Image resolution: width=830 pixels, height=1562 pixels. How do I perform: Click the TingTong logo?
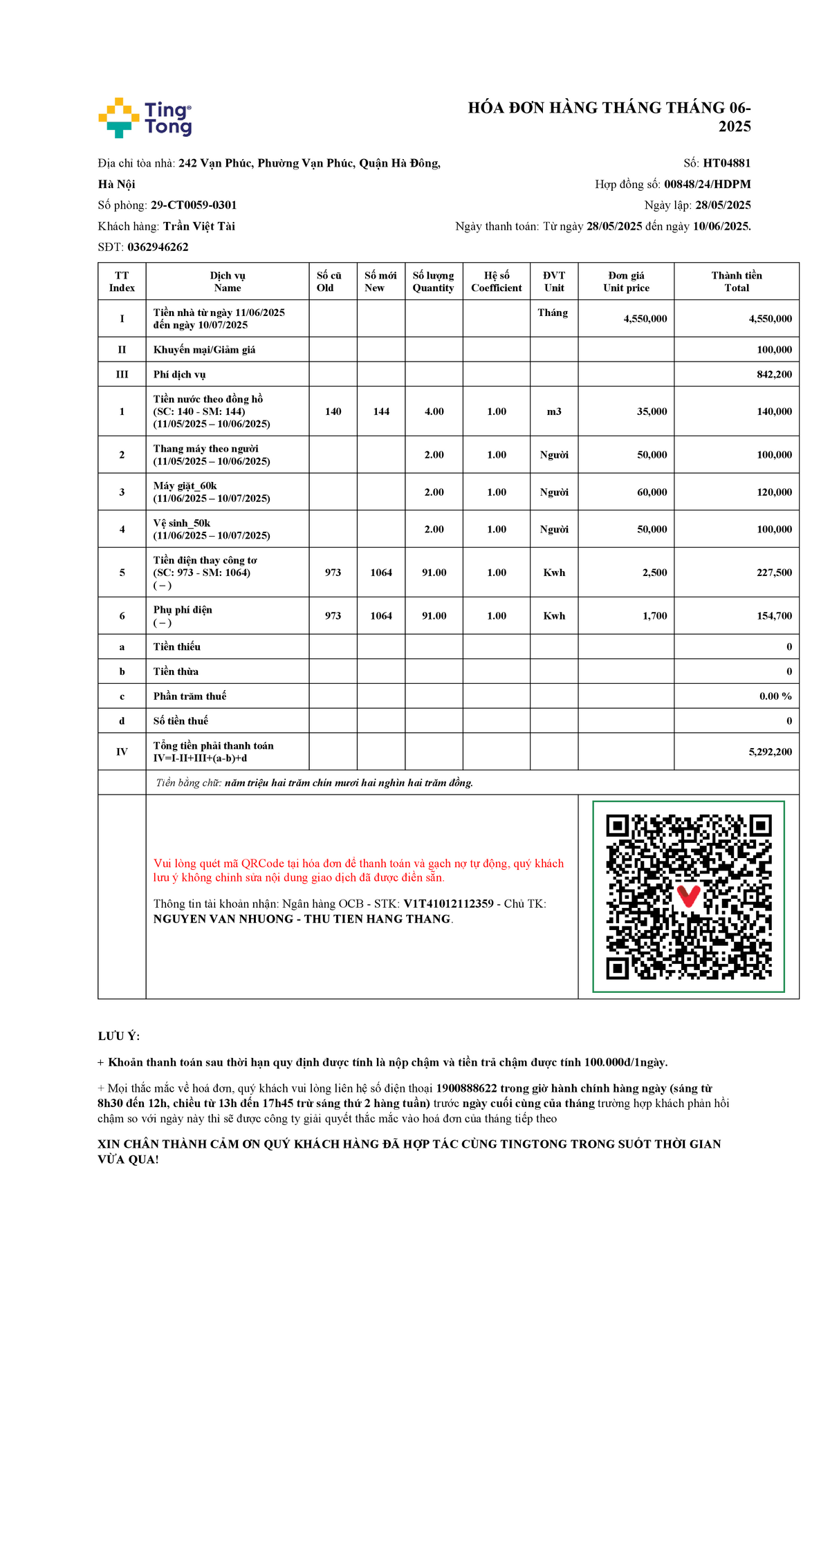(x=145, y=118)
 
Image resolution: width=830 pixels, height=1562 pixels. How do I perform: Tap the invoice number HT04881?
(x=726, y=163)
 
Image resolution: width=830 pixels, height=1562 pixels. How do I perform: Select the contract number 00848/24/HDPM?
(x=707, y=184)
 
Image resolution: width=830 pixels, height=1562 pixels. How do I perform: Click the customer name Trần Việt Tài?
(x=199, y=226)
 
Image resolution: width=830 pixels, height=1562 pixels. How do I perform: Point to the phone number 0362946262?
(x=158, y=247)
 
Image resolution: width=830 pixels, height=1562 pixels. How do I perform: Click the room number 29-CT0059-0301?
(x=194, y=205)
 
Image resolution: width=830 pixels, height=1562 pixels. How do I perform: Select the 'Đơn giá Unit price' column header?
(x=626, y=281)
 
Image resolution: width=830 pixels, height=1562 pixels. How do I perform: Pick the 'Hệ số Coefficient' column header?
(x=497, y=281)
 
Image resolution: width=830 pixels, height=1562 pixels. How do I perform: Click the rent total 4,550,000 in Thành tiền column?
(x=770, y=319)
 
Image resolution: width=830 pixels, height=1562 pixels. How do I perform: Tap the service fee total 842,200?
(x=774, y=374)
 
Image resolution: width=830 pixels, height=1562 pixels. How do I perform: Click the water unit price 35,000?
(x=652, y=411)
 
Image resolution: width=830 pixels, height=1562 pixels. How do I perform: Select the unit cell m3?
(x=554, y=411)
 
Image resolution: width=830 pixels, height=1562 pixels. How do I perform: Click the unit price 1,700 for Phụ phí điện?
(x=654, y=615)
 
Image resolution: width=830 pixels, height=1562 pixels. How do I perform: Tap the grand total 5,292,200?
(x=770, y=752)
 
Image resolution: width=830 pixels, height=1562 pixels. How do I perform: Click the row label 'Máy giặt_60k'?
(x=185, y=486)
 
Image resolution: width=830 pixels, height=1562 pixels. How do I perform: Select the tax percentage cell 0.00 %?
(x=775, y=696)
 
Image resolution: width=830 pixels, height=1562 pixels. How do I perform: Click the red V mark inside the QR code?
(x=688, y=896)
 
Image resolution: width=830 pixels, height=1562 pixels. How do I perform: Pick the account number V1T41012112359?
(x=448, y=904)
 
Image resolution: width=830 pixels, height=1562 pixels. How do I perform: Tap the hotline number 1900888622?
(x=466, y=1088)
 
